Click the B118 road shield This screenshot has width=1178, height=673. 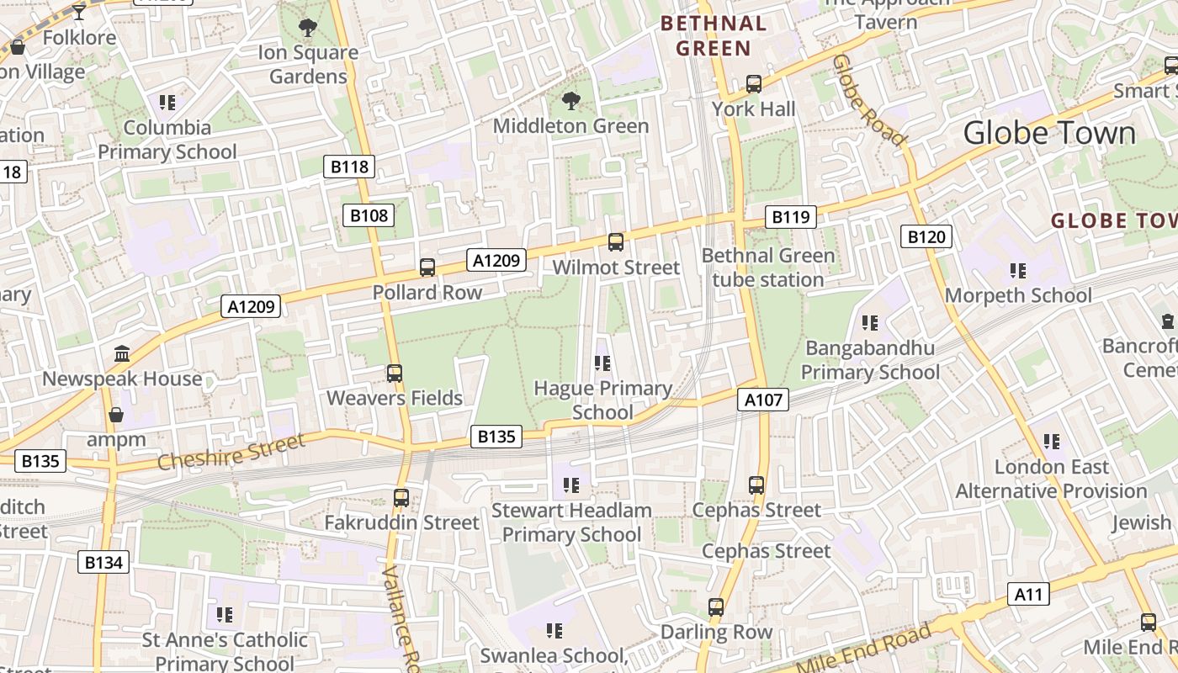349,167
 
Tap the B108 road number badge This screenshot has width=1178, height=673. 369,215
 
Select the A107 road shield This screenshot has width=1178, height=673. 763,400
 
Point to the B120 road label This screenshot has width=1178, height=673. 926,237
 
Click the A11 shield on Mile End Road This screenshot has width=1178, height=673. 1028,595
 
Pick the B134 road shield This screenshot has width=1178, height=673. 103,562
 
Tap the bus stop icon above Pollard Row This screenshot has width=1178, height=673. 427,268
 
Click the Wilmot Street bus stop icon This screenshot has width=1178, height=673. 616,242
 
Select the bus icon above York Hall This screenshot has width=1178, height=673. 754,84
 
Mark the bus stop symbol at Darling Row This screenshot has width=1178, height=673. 716,607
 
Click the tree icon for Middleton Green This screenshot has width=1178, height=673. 571,101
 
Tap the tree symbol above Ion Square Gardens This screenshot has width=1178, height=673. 308,28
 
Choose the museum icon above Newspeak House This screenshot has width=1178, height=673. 122,353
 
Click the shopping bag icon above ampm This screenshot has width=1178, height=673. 116,415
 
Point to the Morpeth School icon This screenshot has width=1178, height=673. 1018,271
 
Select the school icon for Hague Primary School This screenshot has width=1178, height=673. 602,363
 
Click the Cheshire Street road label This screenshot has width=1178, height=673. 231,453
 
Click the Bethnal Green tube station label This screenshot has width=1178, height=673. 767,268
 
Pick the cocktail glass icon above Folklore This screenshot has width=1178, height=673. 78,12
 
